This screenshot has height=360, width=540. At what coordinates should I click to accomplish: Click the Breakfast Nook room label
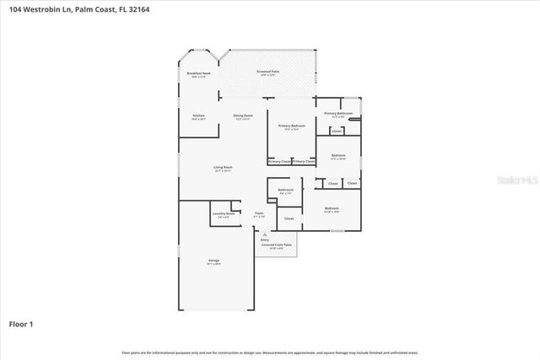pyautogui.click(x=199, y=74)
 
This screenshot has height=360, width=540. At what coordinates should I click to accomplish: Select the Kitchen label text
pyautogui.click(x=198, y=116)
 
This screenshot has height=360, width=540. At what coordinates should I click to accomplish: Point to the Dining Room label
pyautogui.click(x=243, y=116)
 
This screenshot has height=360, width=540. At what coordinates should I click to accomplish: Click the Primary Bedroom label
pyautogui.click(x=291, y=126)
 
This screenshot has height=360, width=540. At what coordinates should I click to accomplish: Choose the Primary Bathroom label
pyautogui.click(x=337, y=114)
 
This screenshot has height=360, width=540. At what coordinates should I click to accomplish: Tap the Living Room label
pyautogui.click(x=223, y=168)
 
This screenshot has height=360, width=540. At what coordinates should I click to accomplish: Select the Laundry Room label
pyautogui.click(x=224, y=214)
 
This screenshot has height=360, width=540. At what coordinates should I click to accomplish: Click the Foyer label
pyautogui.click(x=259, y=214)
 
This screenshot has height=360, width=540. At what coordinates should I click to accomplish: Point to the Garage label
pyautogui.click(x=213, y=261)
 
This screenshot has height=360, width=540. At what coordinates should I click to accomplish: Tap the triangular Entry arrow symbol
pyautogui.click(x=265, y=234)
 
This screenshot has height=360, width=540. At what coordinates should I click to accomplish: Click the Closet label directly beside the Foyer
pyautogui.click(x=289, y=218)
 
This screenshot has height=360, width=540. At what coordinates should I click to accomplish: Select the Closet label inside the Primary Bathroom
pyautogui.click(x=337, y=131)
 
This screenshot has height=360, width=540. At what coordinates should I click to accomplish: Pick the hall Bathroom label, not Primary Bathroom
pyautogui.click(x=285, y=190)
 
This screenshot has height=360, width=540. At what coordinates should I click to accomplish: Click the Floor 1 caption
pyautogui.click(x=21, y=323)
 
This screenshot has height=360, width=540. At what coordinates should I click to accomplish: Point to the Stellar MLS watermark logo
pyautogui.click(x=516, y=180)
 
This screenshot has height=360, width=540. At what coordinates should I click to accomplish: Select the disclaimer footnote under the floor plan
pyautogui.click(x=270, y=352)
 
